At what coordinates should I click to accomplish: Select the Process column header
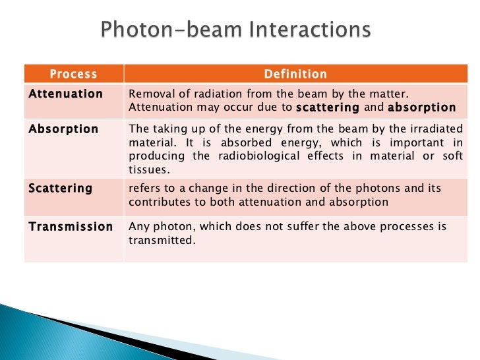[x=73, y=75]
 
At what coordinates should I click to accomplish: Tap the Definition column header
[x=295, y=75]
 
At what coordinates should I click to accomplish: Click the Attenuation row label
[x=66, y=94]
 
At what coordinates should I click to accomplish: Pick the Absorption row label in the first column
[x=63, y=129]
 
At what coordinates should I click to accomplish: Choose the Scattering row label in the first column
[x=61, y=189]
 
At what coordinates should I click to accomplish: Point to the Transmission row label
[x=71, y=227]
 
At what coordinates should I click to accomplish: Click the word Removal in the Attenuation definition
[x=148, y=94]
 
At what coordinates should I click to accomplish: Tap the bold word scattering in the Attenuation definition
[x=328, y=107]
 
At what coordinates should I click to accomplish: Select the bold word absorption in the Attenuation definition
[x=421, y=107]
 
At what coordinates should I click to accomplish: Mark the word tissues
[x=145, y=169]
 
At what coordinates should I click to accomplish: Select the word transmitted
[x=162, y=241]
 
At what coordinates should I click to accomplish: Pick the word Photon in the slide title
[x=140, y=32]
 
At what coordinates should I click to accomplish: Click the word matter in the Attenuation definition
[x=400, y=94]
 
